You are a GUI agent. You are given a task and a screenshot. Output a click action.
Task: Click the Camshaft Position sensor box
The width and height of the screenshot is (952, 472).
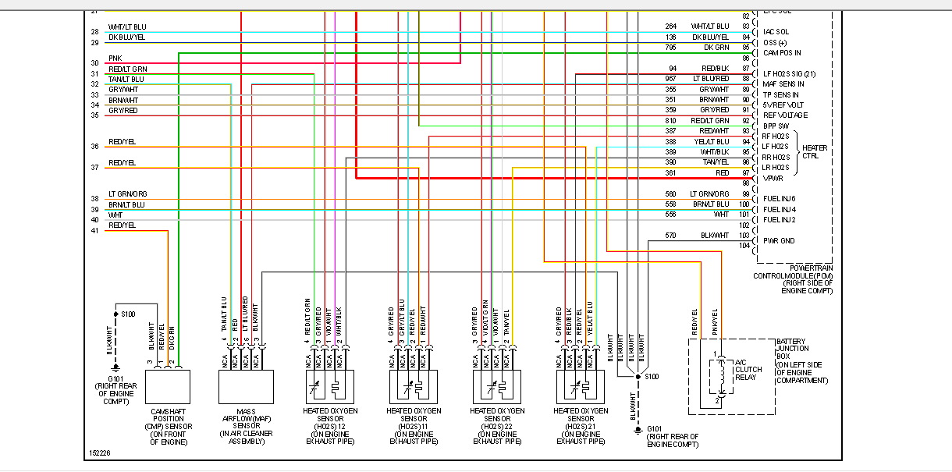coord(168,385)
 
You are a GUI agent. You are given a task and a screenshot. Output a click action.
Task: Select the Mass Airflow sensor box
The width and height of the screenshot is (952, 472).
coord(246,385)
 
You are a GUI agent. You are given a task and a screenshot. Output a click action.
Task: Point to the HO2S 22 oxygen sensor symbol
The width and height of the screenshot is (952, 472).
coord(496,385)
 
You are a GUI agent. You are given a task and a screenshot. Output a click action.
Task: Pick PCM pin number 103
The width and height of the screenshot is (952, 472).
coord(745,235)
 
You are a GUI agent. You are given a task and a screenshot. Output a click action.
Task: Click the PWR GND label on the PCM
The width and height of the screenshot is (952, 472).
coord(779,241)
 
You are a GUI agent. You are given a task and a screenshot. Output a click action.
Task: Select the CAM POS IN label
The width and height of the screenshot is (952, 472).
coord(782,52)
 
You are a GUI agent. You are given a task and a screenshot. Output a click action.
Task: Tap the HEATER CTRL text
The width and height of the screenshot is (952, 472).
coord(815,151)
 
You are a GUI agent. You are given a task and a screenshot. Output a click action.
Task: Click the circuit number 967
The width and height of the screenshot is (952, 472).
coord(670,79)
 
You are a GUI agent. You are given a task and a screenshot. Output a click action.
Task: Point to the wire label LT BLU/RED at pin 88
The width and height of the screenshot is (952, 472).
coord(711,79)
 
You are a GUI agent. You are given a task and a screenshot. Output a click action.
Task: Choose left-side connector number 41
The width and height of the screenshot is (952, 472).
coord(94,231)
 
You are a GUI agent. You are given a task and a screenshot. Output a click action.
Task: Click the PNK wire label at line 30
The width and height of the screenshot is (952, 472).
coord(115,59)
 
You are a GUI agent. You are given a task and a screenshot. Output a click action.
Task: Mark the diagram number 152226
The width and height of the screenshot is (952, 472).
coord(99,452)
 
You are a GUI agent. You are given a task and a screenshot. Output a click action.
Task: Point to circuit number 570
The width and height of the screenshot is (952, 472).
coord(670,235)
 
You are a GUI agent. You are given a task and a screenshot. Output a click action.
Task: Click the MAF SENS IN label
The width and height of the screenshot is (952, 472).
coord(783,83)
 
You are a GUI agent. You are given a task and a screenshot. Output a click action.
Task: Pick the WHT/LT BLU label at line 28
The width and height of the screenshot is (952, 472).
coord(126,27)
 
